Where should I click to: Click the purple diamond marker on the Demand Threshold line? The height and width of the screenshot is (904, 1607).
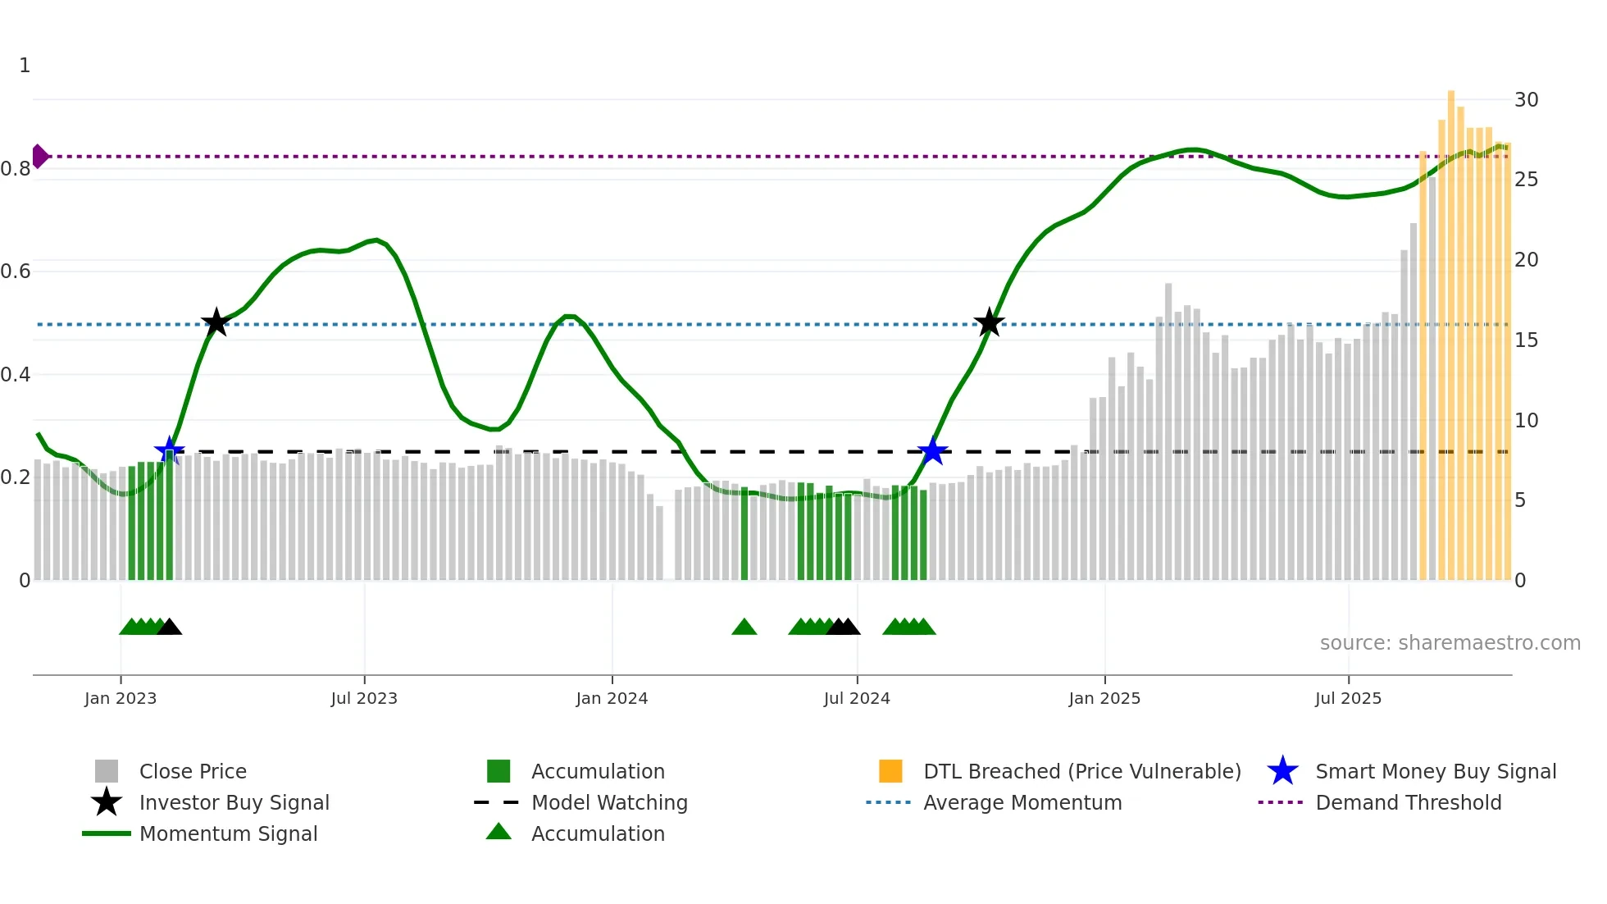(39, 156)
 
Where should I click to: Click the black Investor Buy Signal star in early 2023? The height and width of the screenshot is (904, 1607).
(216, 322)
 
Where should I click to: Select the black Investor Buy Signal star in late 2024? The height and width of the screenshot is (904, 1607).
(989, 322)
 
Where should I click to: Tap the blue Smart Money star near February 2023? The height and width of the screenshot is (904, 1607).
(170, 450)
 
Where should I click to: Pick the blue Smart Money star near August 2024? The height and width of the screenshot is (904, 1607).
(932, 450)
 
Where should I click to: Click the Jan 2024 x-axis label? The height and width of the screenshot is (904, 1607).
(612, 698)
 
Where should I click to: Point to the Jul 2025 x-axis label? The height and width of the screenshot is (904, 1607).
(1348, 698)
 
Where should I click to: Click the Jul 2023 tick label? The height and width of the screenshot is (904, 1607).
(364, 698)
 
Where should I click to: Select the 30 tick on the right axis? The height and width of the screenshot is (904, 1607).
(1526, 100)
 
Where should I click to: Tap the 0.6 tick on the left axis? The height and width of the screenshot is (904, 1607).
(16, 272)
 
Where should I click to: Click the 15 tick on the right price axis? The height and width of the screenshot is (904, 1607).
(1526, 340)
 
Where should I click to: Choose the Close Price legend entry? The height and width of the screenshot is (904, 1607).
(193, 771)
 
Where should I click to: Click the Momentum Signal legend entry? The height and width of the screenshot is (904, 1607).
(228, 833)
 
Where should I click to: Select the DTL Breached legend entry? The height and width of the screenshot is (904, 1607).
(1081, 771)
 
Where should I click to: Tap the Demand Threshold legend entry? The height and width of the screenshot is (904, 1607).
(1408, 802)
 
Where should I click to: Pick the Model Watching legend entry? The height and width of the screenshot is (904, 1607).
(609, 802)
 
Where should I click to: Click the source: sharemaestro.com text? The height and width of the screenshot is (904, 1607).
(1450, 643)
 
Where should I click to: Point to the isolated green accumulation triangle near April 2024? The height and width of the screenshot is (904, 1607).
(744, 628)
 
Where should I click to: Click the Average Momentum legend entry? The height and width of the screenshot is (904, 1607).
(1022, 802)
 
